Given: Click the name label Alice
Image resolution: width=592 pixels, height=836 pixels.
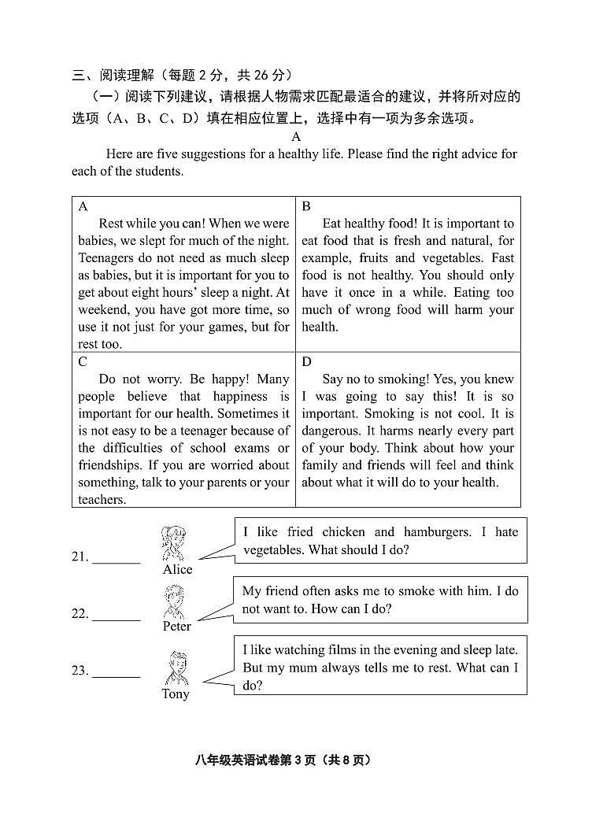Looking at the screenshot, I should pyautogui.click(x=177, y=569).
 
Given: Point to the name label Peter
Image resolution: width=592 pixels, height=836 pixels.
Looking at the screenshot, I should pyautogui.click(x=177, y=627).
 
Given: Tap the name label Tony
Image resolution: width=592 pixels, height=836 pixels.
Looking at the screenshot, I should pyautogui.click(x=176, y=694).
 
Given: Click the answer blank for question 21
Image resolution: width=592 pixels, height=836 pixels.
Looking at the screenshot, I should pyautogui.click(x=117, y=556).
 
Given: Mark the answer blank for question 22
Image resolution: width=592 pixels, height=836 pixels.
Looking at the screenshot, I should pyautogui.click(x=117, y=613).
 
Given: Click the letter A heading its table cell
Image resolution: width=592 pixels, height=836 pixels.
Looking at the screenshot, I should pyautogui.click(x=83, y=206).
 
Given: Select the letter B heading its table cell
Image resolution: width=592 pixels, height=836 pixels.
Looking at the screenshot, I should pyautogui.click(x=306, y=206).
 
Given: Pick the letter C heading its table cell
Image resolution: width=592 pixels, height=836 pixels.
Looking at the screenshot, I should pyautogui.click(x=83, y=362).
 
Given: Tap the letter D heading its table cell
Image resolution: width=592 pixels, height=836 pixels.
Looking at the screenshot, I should pyautogui.click(x=306, y=362).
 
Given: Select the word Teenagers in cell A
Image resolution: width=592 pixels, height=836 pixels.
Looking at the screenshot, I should pyautogui.click(x=108, y=258).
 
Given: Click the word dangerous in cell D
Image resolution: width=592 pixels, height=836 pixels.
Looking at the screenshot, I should pyautogui.click(x=331, y=431).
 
